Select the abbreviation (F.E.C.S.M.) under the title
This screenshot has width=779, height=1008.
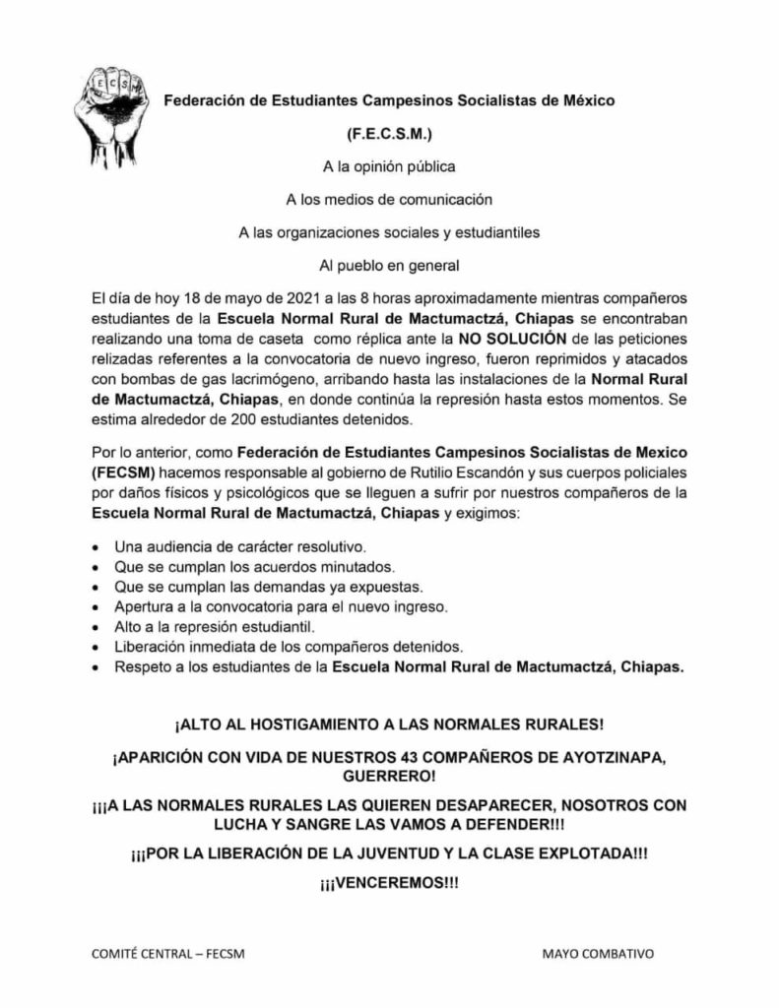389,130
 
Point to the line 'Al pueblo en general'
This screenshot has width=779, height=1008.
389,265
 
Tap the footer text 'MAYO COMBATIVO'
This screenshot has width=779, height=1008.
598,955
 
